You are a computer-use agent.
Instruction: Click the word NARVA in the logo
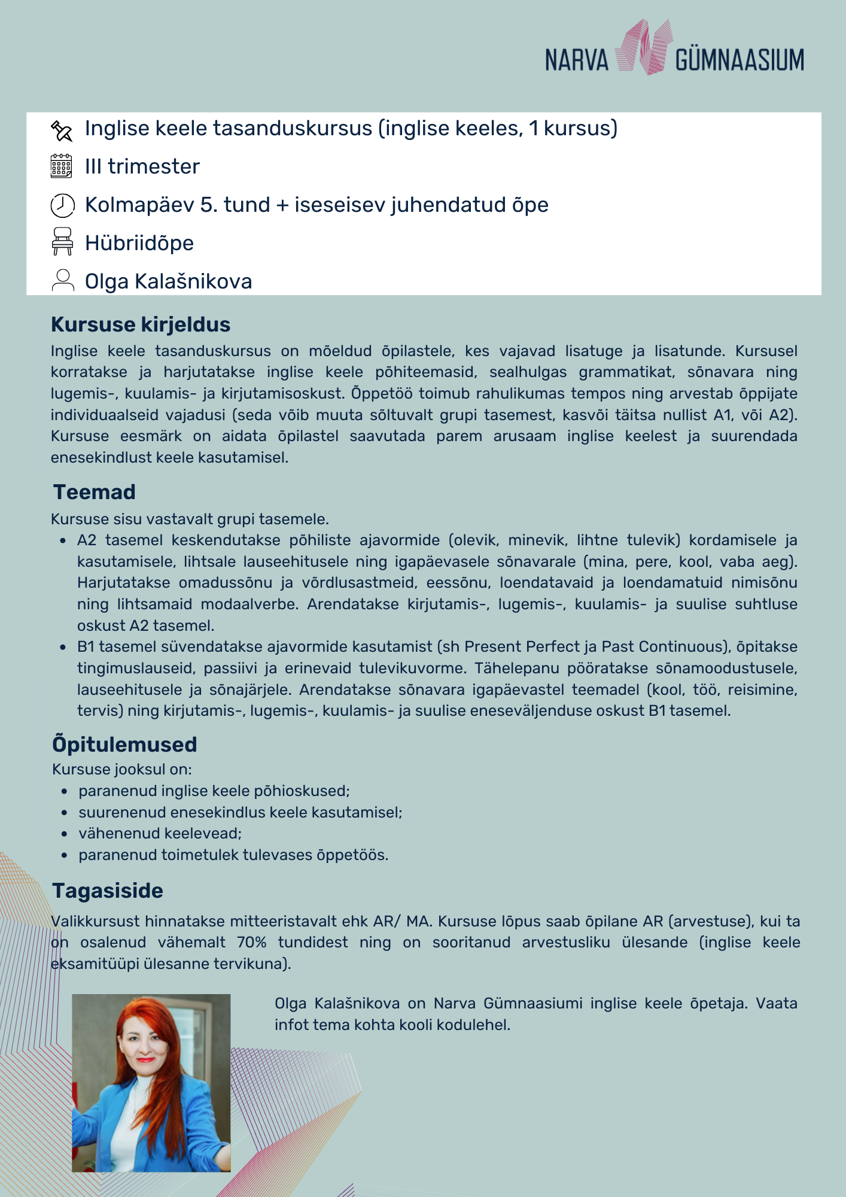pyautogui.click(x=576, y=60)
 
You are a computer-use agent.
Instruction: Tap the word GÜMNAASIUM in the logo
pyautogui.click(x=740, y=60)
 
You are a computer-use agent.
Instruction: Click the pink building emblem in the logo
pyautogui.click(x=643, y=48)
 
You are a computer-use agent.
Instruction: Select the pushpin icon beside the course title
pyautogui.click(x=62, y=130)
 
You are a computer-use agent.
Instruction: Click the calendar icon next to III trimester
pyautogui.click(x=62, y=166)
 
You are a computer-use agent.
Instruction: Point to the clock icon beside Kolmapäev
pyautogui.click(x=62, y=205)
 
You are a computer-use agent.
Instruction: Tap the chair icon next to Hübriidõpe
pyautogui.click(x=62, y=241)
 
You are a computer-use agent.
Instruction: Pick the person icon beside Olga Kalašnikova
pyautogui.click(x=62, y=280)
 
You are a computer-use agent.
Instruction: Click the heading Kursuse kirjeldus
pyautogui.click(x=141, y=324)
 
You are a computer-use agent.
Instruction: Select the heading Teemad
pyautogui.click(x=95, y=492)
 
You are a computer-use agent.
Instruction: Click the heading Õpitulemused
pyautogui.click(x=124, y=745)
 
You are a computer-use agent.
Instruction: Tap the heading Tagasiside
pyautogui.click(x=108, y=891)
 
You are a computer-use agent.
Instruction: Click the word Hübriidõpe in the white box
pyautogui.click(x=139, y=244)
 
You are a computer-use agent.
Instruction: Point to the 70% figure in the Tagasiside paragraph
pyautogui.click(x=251, y=943)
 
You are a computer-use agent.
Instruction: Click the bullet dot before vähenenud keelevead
pyautogui.click(x=64, y=834)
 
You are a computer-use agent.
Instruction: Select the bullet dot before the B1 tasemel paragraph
pyautogui.click(x=63, y=647)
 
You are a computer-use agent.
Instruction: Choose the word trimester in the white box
pyautogui.click(x=154, y=167)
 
